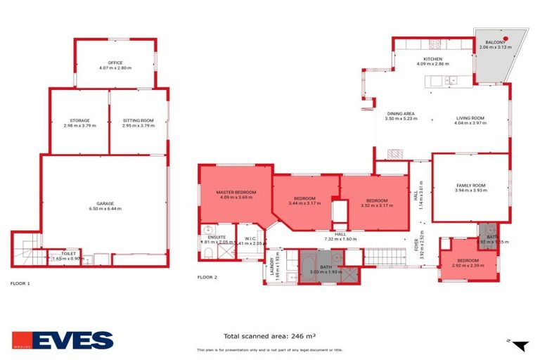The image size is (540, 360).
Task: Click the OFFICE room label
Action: pyautogui.click(x=115, y=63)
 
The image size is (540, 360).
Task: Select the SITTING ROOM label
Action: pyautogui.click(x=138, y=120)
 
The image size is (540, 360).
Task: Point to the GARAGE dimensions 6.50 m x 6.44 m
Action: pyautogui.click(x=105, y=208)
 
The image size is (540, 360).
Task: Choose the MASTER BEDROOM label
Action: pyautogui.click(x=235, y=192)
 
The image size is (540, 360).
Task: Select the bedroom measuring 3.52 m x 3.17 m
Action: pyautogui.click(x=373, y=201)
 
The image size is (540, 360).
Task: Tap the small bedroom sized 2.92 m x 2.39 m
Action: pyautogui.click(x=468, y=260)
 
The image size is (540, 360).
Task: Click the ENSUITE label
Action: pyautogui.click(x=217, y=237)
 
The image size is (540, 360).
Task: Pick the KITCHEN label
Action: pyautogui.click(x=432, y=59)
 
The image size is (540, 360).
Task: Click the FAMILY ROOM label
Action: pyautogui.click(x=470, y=186)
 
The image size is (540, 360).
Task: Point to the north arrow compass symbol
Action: pyautogui.click(x=520, y=345)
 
